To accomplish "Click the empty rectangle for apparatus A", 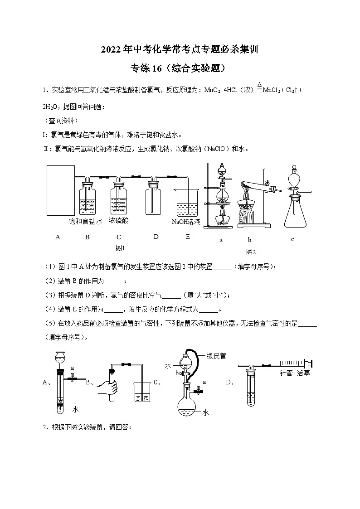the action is click(x=61, y=190).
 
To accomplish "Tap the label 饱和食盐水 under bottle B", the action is click(x=86, y=221).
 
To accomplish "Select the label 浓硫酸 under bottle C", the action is click(x=119, y=221).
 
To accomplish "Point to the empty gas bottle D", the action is click(x=153, y=199).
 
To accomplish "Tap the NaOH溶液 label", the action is click(x=186, y=222).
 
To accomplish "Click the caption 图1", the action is click(x=120, y=248).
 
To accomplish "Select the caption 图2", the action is click(x=251, y=252).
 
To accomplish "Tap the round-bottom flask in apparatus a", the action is click(x=222, y=194).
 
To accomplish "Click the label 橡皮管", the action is click(x=217, y=356).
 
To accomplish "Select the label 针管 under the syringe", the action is click(x=286, y=373).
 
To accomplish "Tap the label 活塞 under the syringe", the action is click(x=303, y=373).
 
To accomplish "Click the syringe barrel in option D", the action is click(x=292, y=363).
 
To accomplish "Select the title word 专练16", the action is click(x=146, y=68).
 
